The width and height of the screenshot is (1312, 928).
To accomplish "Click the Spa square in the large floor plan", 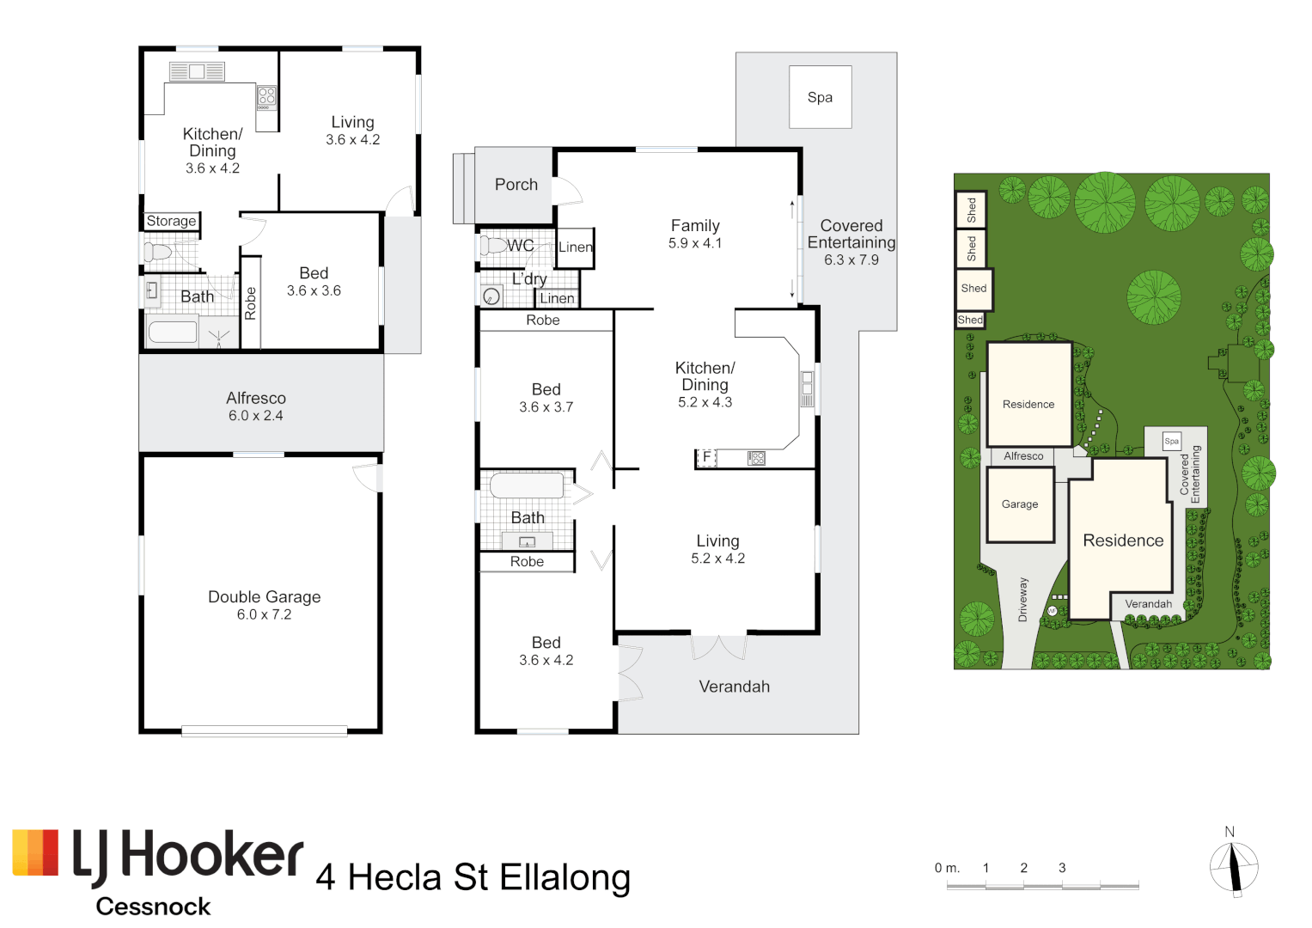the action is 820,97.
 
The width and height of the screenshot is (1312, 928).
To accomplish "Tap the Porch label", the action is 516,185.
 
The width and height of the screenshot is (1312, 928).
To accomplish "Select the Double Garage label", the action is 264,597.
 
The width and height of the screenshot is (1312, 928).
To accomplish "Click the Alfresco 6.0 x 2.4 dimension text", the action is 256,415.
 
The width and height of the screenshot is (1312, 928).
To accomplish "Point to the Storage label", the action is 171,221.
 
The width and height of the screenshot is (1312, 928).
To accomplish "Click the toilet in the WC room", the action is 493,246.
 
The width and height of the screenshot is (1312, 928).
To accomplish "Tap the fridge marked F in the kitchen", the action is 706,457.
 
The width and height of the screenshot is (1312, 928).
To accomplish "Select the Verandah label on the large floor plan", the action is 734,687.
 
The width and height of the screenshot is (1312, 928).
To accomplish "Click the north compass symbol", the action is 1234,865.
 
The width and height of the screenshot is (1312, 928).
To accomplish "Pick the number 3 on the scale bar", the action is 1062,868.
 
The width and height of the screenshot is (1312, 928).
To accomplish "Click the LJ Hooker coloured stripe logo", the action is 35,852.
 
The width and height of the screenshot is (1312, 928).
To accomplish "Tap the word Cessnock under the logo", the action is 153,907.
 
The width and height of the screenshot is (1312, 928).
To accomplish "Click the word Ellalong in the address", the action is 564,877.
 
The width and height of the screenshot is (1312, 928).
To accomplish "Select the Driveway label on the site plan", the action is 1022,600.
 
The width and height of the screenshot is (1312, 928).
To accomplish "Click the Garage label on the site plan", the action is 1020,504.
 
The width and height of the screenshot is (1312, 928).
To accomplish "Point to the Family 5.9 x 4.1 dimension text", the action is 694,243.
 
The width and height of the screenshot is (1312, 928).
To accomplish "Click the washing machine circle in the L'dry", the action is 491,296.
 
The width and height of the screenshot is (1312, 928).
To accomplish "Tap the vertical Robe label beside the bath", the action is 250,303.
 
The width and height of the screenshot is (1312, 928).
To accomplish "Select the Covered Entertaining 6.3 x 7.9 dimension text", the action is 851,259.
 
